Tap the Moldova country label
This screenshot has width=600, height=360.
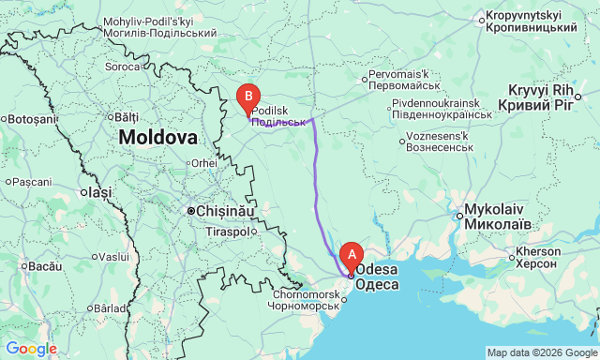tap(157, 137)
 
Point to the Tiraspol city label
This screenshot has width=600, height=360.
tap(229, 232)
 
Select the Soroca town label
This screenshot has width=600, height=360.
tap(122, 67)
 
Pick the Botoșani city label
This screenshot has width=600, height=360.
tap(34, 119)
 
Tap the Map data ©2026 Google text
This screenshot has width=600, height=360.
tap(541, 352)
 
